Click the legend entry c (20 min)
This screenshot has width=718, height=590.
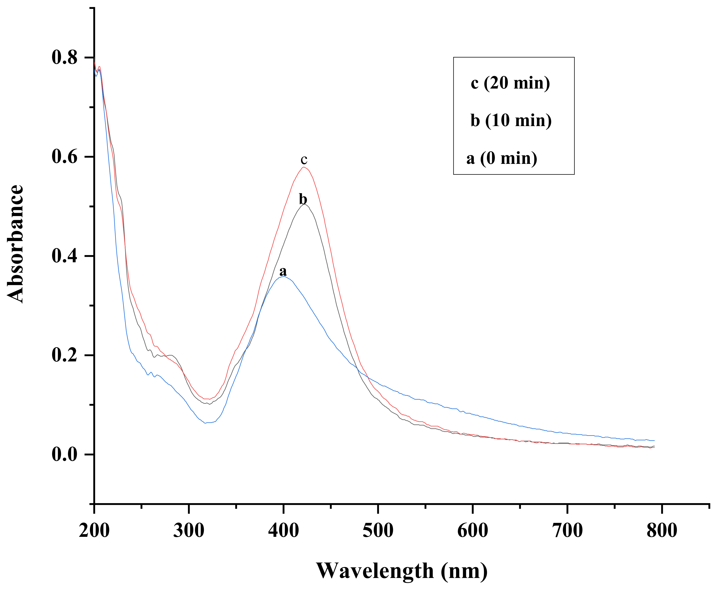coord(510,83)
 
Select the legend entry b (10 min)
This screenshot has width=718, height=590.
coord(511,120)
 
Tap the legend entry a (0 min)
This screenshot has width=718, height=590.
coord(502,158)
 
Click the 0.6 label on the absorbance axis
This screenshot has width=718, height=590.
coord(65,157)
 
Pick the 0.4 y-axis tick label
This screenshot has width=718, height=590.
coord(65,256)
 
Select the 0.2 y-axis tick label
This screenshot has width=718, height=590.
coord(65,355)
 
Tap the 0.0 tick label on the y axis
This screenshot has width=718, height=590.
coord(65,454)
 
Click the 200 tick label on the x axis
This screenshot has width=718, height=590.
coord(94,530)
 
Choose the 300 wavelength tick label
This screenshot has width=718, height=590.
coord(189,530)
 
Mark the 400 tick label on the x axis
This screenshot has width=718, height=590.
coord(283,530)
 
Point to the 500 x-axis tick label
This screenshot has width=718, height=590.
coord(378,530)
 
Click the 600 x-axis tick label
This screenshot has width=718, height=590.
coord(473,530)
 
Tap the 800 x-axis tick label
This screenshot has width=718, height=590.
coord(662,530)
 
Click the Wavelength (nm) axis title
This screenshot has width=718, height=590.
coord(402,571)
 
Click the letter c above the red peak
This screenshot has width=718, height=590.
coord(304,159)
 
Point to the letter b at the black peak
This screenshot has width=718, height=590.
coord(303,199)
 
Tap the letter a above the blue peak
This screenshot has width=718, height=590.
coord(283,272)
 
